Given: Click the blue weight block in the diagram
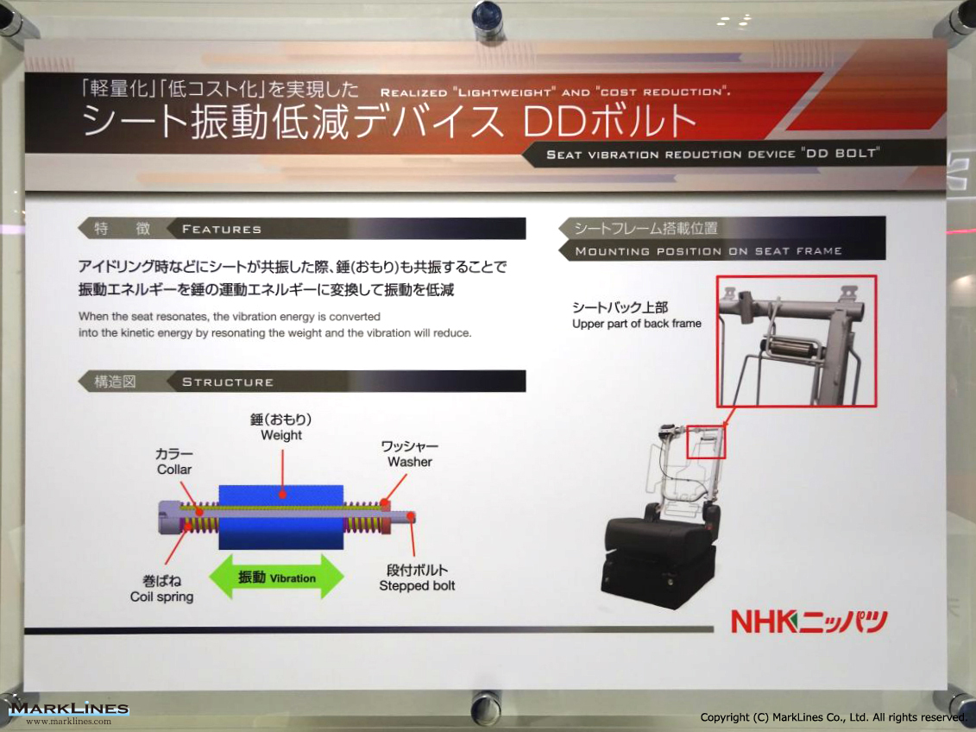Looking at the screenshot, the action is click(x=280, y=517).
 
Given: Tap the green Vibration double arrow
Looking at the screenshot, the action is click(x=276, y=577).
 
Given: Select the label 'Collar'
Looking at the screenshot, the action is click(x=174, y=470).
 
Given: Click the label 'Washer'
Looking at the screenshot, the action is click(x=410, y=462).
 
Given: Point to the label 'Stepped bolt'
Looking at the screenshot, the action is click(x=417, y=586).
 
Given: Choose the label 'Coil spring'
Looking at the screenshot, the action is click(x=162, y=597).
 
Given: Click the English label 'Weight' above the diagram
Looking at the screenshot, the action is click(x=281, y=435).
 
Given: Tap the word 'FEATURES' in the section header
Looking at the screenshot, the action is click(x=222, y=229).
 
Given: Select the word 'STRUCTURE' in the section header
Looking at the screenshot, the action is click(x=228, y=382).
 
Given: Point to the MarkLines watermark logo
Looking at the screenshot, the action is click(x=69, y=713).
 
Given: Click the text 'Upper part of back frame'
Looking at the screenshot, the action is click(x=637, y=324).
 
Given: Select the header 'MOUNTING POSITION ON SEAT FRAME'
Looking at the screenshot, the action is click(x=708, y=251).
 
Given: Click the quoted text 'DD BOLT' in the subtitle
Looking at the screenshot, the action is click(x=841, y=153).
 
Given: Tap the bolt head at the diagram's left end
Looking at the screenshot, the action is click(x=168, y=517).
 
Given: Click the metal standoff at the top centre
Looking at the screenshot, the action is click(x=486, y=19).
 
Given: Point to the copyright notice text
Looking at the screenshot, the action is click(x=833, y=717).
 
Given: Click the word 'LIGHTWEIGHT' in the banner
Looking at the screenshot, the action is click(x=506, y=92).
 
